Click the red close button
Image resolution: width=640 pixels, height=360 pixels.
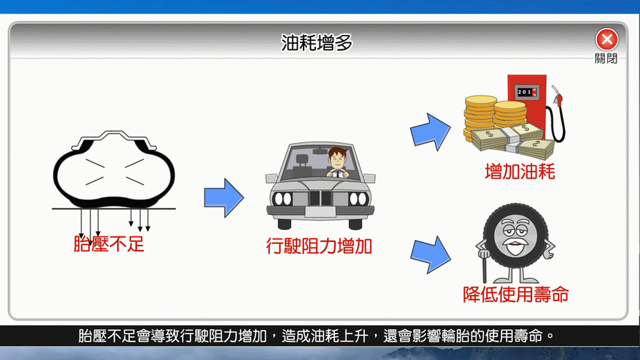coord(606,39)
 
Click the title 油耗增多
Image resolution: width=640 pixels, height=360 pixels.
coord(316,43)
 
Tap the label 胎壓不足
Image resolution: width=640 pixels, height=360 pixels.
coord(109,244)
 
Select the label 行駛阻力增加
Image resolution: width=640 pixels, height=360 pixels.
coord(319,246)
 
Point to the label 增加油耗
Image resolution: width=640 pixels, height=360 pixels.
coord(519,171)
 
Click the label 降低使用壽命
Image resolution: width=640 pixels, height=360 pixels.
coord(516,294)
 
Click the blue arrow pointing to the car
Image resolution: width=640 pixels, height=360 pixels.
coord(224,198)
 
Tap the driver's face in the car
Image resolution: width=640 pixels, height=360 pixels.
coord(338,159)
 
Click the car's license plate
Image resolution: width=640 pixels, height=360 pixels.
coord(321,212)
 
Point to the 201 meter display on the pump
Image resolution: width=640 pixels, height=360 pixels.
coord(526,92)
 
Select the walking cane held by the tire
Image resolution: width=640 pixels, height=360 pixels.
coord(484,266)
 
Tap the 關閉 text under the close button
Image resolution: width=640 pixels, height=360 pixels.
coord(606,59)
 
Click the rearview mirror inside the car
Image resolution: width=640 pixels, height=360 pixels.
coord(321,151)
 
